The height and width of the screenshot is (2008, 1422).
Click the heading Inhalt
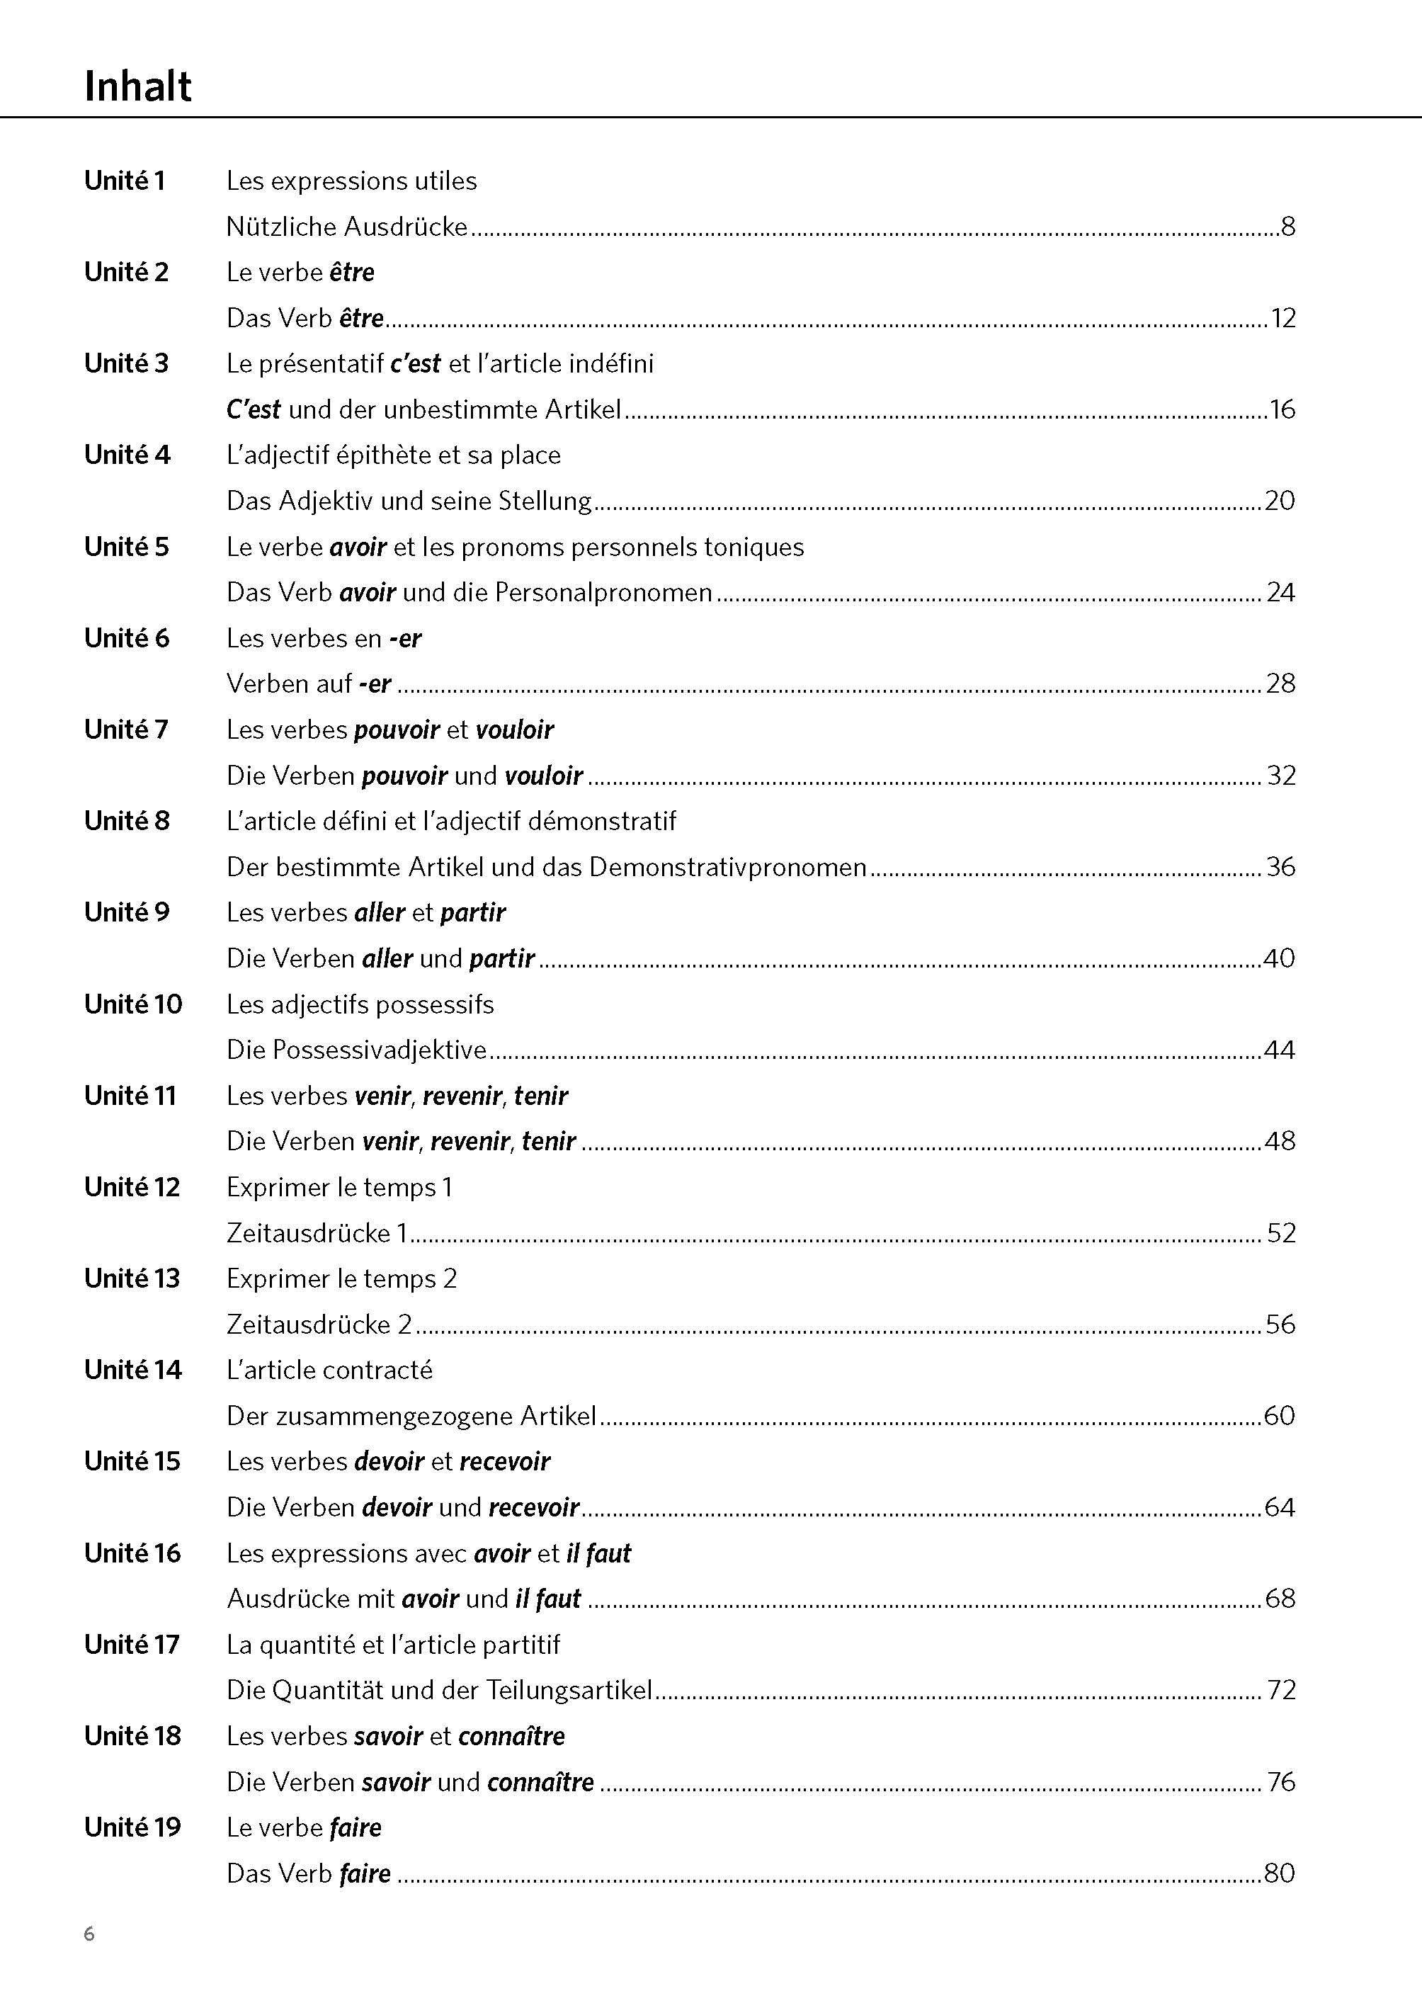tap(137, 86)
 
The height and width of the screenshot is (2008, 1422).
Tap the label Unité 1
tap(125, 181)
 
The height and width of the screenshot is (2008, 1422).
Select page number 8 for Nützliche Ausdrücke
tap(1287, 227)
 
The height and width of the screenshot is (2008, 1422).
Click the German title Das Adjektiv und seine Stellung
tap(409, 501)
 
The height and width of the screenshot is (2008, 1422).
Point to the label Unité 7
tap(125, 730)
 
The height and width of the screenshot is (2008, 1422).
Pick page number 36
tap(1280, 867)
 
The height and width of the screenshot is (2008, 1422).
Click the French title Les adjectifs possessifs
tap(360, 1004)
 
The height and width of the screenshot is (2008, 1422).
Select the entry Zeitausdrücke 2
tap(319, 1324)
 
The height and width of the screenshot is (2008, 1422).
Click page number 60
tap(1279, 1416)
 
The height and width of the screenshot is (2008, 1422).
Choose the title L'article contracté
tap(329, 1370)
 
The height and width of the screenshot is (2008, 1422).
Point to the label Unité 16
tap(132, 1553)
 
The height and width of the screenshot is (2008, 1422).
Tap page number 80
tap(1279, 1873)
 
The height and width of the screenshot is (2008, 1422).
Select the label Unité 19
tap(132, 1827)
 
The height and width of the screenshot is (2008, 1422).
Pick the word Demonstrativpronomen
tap(727, 867)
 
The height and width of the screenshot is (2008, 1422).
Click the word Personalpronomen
tap(603, 593)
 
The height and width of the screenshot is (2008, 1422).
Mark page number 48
tap(1279, 1141)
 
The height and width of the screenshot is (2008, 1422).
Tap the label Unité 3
tap(126, 363)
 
